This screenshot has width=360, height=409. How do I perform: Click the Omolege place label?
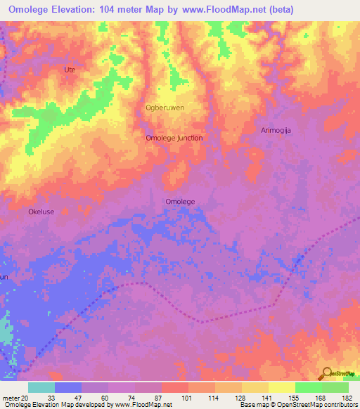(x=179, y=202)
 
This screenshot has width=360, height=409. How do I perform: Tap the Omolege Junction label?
(x=174, y=138)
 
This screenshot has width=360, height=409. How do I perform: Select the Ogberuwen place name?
(x=165, y=108)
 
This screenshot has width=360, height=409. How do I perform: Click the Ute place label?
(x=69, y=70)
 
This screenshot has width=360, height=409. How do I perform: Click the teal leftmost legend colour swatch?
(x=41, y=387)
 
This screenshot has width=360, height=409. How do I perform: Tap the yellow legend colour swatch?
(x=281, y=387)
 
